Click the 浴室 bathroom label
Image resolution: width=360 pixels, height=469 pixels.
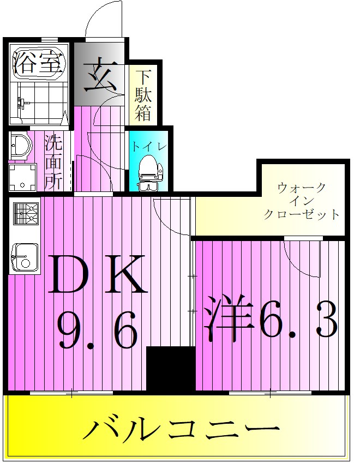37,63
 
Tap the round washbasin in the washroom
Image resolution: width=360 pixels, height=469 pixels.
20,146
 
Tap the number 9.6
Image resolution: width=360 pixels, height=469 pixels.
98,329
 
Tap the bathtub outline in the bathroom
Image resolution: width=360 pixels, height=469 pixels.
38,63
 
